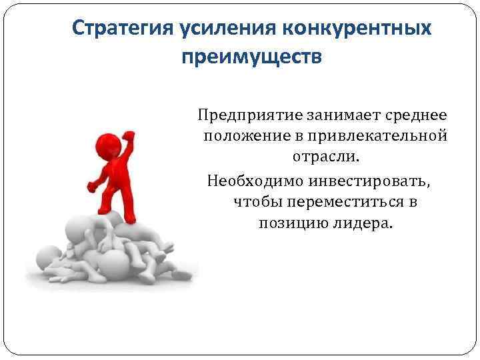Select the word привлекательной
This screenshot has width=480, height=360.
point(374,137)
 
